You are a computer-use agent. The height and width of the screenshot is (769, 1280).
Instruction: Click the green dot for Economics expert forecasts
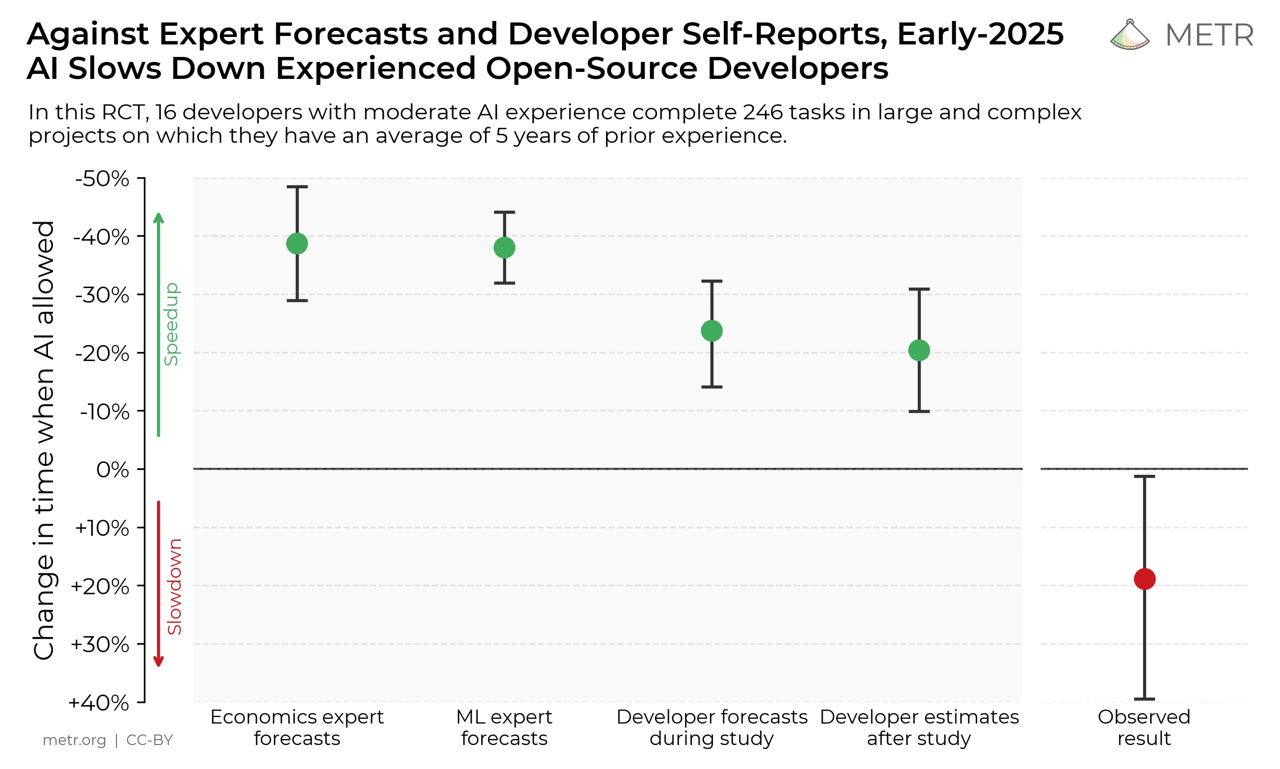click(x=297, y=244)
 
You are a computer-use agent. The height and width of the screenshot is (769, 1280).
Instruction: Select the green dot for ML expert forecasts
click(x=505, y=248)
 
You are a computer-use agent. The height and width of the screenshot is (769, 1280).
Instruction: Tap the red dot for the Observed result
click(x=1145, y=579)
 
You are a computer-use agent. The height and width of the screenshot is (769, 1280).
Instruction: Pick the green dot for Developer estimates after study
click(x=919, y=351)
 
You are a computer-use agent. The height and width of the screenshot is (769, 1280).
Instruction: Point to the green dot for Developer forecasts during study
click(x=712, y=331)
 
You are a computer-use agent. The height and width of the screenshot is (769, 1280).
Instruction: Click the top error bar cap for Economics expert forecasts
click(x=297, y=187)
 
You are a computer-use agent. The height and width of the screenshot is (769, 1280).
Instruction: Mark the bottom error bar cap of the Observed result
click(x=1145, y=699)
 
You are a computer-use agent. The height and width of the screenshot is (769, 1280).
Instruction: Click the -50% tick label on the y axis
click(x=102, y=179)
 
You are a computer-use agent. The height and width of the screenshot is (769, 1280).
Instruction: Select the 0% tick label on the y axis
click(x=112, y=470)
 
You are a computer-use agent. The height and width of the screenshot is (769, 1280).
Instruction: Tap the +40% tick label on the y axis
click(x=98, y=703)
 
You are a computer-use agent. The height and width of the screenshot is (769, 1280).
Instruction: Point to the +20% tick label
click(x=99, y=587)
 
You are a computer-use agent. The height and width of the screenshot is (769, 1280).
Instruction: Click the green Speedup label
click(x=171, y=325)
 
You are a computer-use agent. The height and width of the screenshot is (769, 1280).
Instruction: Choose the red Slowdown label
click(x=175, y=587)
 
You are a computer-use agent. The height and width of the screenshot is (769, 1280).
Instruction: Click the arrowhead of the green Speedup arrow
click(x=159, y=217)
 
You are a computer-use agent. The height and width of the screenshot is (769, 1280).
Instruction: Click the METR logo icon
click(x=1130, y=35)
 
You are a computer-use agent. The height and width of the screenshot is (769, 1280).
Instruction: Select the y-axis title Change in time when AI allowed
click(x=44, y=440)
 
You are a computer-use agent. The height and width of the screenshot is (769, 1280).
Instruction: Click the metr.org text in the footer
click(x=74, y=740)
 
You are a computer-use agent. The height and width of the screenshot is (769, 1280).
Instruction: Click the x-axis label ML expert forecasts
click(x=505, y=728)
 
